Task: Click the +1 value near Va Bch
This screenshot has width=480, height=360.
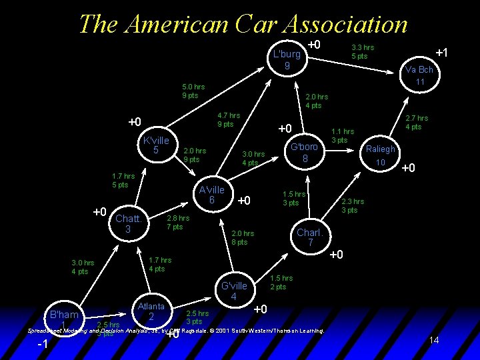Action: click(441, 53)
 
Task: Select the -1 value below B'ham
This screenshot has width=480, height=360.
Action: click(43, 344)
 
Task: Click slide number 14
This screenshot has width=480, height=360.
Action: click(433, 341)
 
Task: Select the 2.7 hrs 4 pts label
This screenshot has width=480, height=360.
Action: click(417, 123)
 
